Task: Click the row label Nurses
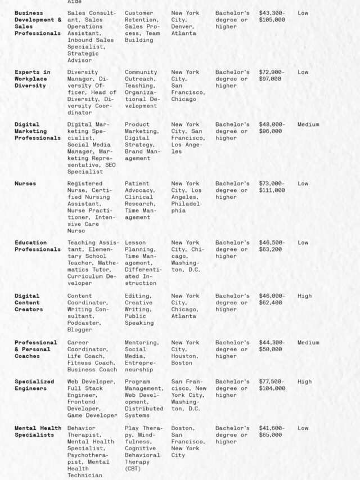(x=25, y=183)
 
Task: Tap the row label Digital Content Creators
(x=29, y=302)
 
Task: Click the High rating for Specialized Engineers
(x=304, y=382)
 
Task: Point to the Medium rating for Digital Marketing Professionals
(x=308, y=124)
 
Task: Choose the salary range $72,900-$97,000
(x=272, y=75)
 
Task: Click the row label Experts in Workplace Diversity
(x=32, y=79)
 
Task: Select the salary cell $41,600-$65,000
(x=272, y=432)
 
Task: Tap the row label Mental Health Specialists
(x=38, y=432)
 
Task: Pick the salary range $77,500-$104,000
(x=272, y=385)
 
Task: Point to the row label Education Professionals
(x=37, y=246)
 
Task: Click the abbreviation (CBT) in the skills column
(x=134, y=469)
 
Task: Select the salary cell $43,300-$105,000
(x=272, y=16)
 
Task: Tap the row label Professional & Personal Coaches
(x=35, y=349)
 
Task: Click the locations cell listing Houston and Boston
(x=185, y=353)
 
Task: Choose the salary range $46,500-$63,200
(x=272, y=246)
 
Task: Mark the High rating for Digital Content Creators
(x=304, y=296)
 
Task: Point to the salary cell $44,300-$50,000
(x=272, y=346)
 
